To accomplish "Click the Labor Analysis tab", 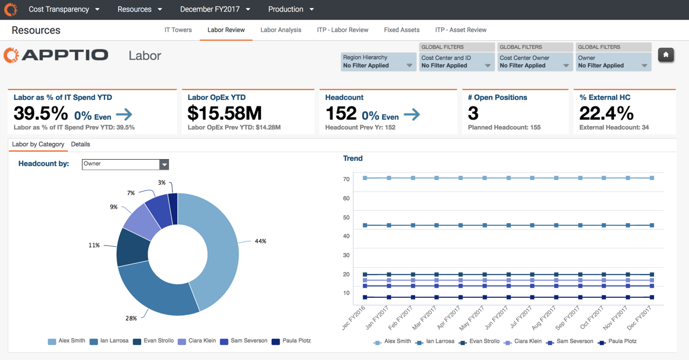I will click(280, 30).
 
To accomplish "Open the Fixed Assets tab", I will click(401, 30).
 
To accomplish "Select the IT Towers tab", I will click(178, 30).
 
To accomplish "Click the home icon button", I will click(666, 55).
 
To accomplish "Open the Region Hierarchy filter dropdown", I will click(378, 62).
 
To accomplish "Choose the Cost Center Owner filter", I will click(535, 62).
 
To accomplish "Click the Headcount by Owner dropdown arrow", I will click(164, 165).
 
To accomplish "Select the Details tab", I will click(80, 145).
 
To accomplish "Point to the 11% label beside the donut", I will click(94, 246).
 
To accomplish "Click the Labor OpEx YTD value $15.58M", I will click(225, 113).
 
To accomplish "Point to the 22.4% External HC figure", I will click(606, 113).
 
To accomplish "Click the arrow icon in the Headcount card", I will click(412, 114).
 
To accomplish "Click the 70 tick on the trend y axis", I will click(346, 179).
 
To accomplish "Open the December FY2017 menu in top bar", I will click(215, 9).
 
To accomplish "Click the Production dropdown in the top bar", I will click(291, 9).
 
